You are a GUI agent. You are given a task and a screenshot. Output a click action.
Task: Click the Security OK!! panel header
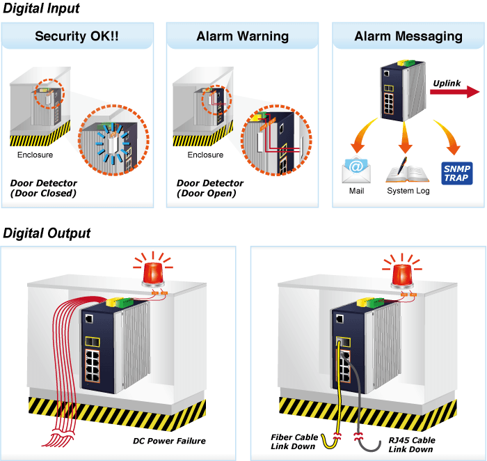(77, 36)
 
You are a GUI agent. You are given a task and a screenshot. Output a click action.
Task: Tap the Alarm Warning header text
(243, 36)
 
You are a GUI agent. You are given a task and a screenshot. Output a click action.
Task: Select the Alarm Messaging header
(408, 36)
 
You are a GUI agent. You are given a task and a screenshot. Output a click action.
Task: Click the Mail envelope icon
(356, 171)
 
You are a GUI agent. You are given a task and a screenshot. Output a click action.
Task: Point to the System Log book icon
(408, 171)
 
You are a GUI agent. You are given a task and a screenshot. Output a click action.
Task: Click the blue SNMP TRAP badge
(457, 173)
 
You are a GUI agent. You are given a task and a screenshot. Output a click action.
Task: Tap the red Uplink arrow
(455, 92)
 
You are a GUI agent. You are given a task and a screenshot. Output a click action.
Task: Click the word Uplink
(447, 84)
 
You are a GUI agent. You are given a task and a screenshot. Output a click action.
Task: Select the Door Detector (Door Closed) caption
(43, 188)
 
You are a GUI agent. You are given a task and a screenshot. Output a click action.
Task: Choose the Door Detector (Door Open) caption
(210, 188)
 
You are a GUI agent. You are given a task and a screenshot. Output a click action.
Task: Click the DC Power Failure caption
(169, 441)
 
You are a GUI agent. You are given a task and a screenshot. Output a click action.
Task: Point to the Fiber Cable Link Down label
(294, 442)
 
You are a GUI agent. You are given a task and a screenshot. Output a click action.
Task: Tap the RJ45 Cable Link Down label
(412, 444)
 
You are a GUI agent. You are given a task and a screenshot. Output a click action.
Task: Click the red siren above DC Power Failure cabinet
(153, 269)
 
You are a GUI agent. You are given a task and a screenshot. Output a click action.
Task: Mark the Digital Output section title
(47, 233)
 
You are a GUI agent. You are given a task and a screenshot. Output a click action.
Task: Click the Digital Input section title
(41, 8)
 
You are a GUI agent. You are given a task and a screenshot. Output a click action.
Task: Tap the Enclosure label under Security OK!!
(35, 155)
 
